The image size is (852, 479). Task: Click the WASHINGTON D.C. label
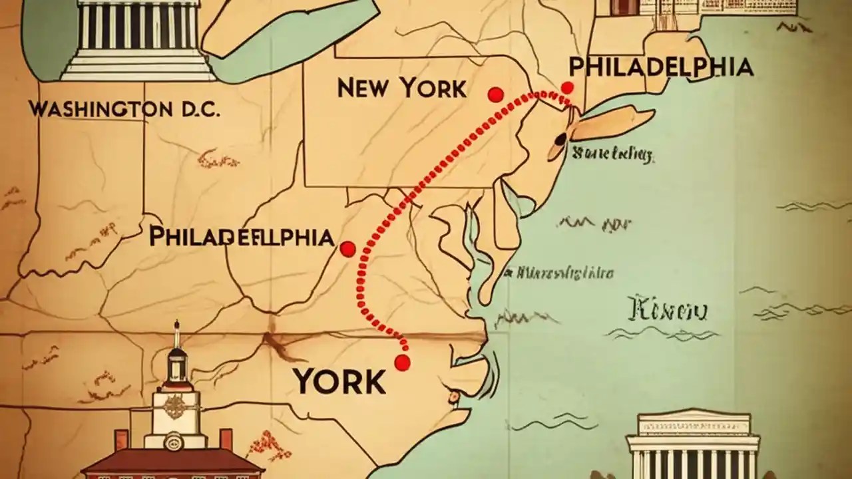pos(124,109)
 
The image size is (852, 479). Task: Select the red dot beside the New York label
pos(495,95)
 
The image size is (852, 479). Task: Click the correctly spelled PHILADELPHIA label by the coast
pos(661,67)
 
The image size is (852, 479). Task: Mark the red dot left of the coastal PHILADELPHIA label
pos(567,87)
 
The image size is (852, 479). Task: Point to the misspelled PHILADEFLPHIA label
pos(241,236)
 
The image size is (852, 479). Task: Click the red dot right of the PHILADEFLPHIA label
pos(347,249)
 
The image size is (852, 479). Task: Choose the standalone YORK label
pos(339,381)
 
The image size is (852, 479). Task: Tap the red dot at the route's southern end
pos(401,363)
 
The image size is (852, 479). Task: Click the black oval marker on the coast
pos(560,138)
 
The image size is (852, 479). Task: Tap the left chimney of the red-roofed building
pos(121,440)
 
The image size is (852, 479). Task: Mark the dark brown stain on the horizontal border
pos(274,343)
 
